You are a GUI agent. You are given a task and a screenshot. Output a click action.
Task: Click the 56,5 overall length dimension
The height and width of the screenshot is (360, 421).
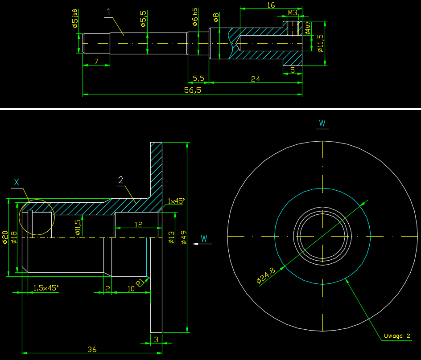coord(192,90)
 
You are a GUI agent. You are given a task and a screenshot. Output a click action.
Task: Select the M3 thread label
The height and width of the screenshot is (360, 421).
coord(293,13)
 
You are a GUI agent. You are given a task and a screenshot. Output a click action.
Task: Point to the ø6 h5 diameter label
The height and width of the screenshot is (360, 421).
coord(194,20)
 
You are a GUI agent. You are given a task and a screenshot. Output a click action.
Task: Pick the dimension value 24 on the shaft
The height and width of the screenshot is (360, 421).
coord(256,79)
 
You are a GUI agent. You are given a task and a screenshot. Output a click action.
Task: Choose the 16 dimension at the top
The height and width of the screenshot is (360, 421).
coord(270,5)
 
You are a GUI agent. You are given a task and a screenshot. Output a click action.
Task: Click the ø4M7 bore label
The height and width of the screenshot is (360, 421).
coord(308,27)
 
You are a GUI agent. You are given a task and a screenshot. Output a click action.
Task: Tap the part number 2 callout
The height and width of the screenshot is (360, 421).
coord(120,180)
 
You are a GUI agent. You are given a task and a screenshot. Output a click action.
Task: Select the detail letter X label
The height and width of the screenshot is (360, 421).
coord(17,182)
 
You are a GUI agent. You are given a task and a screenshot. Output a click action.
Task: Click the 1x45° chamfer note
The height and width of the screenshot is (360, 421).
coord(176,201)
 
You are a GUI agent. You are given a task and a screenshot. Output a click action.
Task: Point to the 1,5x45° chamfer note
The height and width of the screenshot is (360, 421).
coord(46,288)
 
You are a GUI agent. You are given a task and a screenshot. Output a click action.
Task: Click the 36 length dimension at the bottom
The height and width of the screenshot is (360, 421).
coord(92,349)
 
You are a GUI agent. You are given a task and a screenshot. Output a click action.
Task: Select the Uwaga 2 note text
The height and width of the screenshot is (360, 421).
coord(396,336)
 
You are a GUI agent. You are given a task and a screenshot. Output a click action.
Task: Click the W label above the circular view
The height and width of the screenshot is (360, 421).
coord(322,123)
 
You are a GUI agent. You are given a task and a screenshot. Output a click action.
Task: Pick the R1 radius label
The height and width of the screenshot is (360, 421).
coord(140,282)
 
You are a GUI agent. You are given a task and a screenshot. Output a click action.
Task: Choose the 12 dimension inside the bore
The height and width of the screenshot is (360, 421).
coord(138,225)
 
